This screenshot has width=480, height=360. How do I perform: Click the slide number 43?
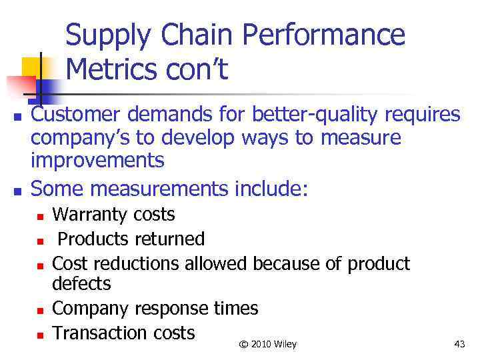[459, 344]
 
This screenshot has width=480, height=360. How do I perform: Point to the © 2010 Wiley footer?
[268, 344]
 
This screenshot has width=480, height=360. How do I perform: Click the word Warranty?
[90, 215]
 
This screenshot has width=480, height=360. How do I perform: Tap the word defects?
[81, 284]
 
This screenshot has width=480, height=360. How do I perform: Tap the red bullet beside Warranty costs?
[40, 217]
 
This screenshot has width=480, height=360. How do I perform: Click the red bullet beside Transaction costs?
[40, 334]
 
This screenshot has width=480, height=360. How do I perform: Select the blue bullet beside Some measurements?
[18, 191]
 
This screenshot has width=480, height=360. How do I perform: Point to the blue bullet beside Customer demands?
[18, 117]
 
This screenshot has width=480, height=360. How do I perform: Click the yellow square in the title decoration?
[30, 67]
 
